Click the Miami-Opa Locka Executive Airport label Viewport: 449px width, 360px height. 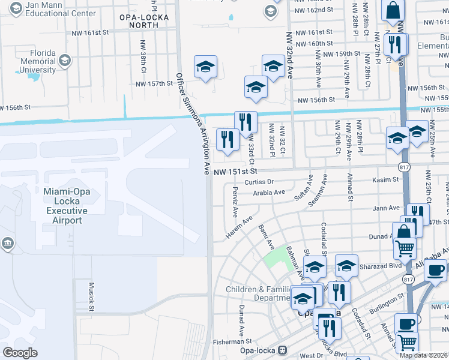66,205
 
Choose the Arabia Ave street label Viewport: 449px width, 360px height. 268,193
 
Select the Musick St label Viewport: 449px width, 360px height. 92,296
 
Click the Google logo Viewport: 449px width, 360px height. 20,353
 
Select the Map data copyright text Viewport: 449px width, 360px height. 423,355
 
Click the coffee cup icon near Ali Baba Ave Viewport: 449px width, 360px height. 436,269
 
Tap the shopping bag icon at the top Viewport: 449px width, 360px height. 393,10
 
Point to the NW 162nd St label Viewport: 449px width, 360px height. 313,10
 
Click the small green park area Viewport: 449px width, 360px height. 276,260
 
